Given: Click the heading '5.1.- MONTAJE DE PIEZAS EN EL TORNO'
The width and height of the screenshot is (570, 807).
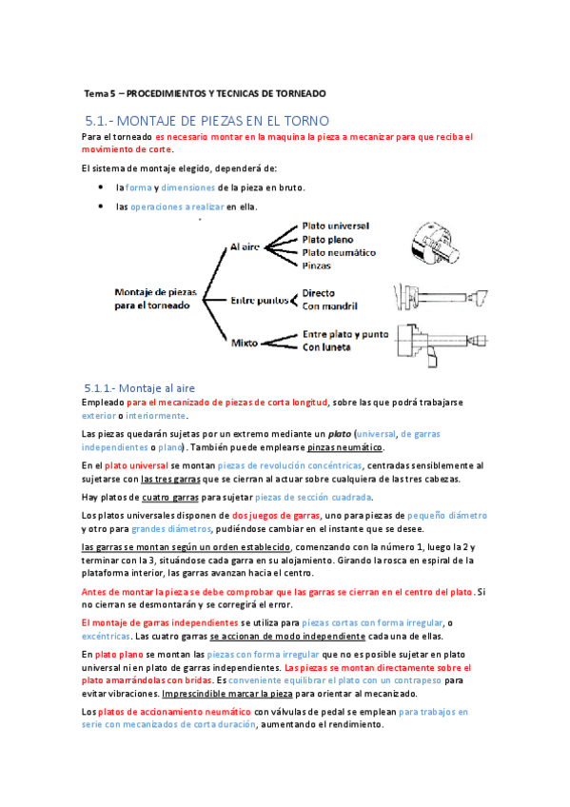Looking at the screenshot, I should [206, 121].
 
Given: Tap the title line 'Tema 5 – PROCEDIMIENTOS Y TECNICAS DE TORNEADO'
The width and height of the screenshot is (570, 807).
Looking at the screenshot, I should [205, 94].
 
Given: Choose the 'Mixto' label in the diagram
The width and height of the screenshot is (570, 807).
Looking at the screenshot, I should [246, 341].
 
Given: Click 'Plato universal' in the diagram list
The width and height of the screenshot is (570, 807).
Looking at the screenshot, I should [336, 226].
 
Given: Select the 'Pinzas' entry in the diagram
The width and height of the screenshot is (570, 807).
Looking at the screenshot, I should [318, 266].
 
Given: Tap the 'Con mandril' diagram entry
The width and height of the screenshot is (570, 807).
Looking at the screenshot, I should [330, 306].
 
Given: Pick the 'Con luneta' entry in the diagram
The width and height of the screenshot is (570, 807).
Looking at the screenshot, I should [326, 347].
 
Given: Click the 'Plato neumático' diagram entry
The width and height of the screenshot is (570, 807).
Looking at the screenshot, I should [339, 252].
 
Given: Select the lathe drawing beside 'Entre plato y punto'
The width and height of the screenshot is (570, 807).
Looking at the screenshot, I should [434, 343].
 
